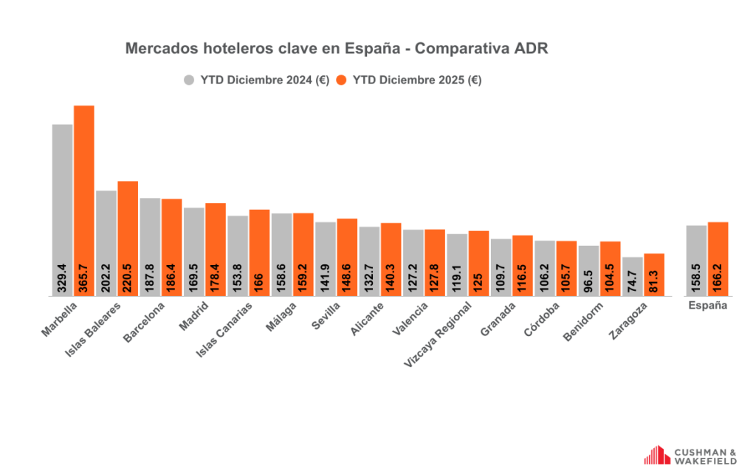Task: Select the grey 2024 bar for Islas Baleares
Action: (x=106, y=236)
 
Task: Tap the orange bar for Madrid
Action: (x=216, y=244)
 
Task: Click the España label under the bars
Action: (x=707, y=305)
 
